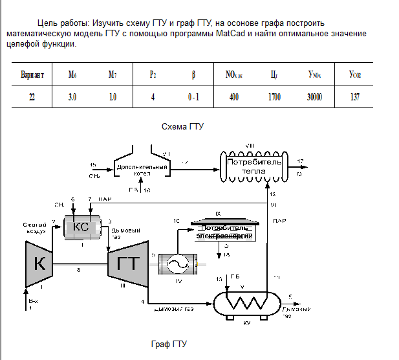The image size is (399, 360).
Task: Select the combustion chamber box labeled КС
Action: click(x=81, y=226)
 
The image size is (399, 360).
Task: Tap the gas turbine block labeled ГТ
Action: click(x=128, y=262)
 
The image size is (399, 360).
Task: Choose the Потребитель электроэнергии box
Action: click(x=223, y=232)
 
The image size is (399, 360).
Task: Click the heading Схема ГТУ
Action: click(x=182, y=126)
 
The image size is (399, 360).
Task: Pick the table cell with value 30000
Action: click(x=315, y=98)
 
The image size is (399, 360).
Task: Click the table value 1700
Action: click(x=274, y=98)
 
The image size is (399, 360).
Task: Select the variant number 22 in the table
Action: click(x=32, y=98)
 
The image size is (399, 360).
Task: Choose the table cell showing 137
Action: click(x=354, y=98)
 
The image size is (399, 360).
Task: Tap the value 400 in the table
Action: click(x=234, y=98)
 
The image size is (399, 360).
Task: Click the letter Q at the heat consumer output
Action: click(x=299, y=174)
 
